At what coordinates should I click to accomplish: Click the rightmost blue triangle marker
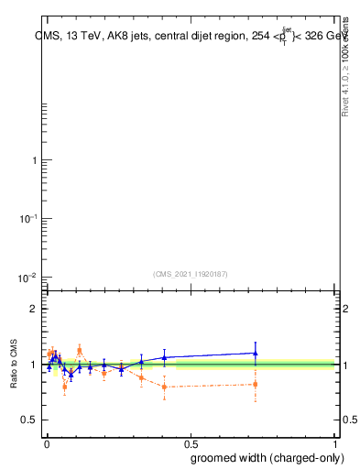[x=256, y=353]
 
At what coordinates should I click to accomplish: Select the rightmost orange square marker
[x=256, y=384]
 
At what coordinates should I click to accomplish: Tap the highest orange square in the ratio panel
[x=80, y=349]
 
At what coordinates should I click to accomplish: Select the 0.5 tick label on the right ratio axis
[x=350, y=420]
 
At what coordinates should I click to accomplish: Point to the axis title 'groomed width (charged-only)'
[x=263, y=457]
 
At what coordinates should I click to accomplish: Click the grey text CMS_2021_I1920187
[x=191, y=273]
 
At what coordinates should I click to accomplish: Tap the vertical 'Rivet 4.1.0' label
[x=345, y=69]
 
